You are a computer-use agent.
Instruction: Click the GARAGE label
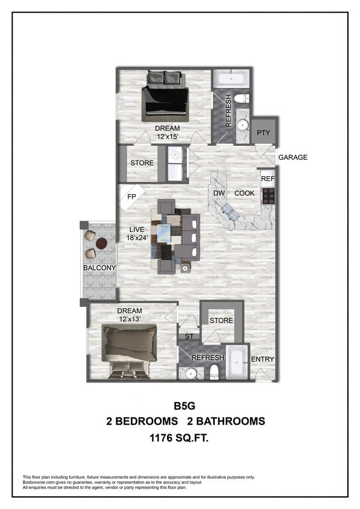[x=292, y=157]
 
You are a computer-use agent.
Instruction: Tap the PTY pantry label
[x=263, y=133]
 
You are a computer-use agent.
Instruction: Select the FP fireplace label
[x=131, y=197]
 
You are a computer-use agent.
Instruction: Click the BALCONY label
[x=99, y=267]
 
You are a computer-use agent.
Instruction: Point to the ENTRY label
[x=262, y=359]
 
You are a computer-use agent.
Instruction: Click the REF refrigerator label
[x=268, y=179]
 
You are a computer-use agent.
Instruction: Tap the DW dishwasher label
[x=219, y=194]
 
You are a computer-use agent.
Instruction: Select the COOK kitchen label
[x=244, y=194]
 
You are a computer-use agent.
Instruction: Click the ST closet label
[x=190, y=337]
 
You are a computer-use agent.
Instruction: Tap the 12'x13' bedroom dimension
[x=129, y=319]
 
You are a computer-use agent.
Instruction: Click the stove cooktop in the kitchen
[x=268, y=195]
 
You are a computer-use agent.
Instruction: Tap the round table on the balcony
[x=102, y=244]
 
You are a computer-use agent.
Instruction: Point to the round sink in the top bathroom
[x=243, y=126]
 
